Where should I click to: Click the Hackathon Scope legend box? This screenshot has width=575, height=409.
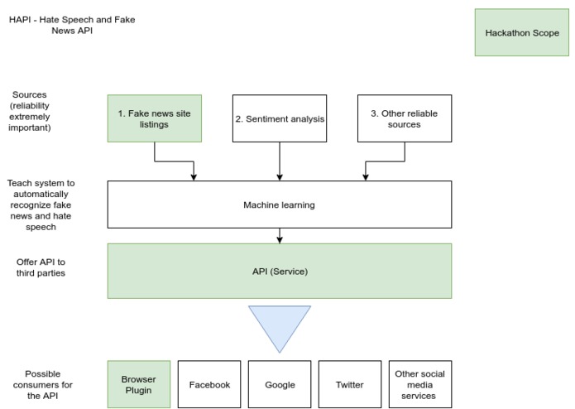522,33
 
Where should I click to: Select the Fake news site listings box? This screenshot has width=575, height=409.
155,118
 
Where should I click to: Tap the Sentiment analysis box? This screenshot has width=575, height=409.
280,118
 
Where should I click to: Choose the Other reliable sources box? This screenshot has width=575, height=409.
404,118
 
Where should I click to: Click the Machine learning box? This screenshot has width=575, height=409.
280,204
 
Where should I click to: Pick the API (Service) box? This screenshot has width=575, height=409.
280,271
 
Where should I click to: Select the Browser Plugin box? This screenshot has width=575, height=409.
139,384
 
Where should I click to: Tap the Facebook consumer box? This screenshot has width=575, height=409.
209,385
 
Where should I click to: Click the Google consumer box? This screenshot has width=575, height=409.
280,385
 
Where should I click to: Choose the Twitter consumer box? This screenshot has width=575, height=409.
350,385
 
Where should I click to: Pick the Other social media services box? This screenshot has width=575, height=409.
419,385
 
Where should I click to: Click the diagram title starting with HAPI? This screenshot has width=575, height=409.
72,25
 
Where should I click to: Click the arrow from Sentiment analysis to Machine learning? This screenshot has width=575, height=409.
280,161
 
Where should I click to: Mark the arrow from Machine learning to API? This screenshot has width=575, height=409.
280,235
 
